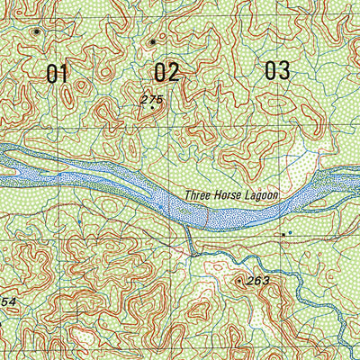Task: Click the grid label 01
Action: (x=58, y=74)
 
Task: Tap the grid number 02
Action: (x=166, y=72)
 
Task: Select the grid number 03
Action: (x=277, y=70)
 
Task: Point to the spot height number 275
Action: (x=150, y=98)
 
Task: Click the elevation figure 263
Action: (x=258, y=282)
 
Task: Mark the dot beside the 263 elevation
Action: (x=239, y=281)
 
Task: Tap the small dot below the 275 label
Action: (x=152, y=108)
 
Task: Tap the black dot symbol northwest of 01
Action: (x=36, y=31)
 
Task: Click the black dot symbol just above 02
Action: (x=153, y=40)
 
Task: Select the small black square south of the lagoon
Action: (x=283, y=234)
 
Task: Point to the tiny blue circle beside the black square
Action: (x=290, y=234)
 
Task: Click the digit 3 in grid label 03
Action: (x=284, y=70)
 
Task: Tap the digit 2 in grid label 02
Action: (x=174, y=72)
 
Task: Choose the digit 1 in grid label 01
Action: (x=64, y=74)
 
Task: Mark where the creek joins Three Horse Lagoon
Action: (x=187, y=228)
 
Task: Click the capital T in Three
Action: (x=187, y=194)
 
